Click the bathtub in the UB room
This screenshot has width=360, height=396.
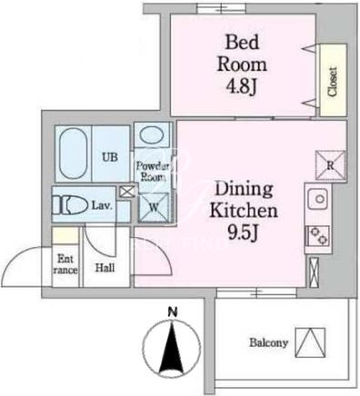(74, 153)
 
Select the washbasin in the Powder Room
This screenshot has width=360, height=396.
(153, 135)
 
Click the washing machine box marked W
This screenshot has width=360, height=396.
(154, 207)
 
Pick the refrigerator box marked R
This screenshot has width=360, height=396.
(330, 165)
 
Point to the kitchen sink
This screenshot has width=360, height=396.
(317, 199)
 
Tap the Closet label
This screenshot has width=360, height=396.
(333, 82)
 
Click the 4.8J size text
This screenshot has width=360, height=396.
(241, 87)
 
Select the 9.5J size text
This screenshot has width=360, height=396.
(244, 233)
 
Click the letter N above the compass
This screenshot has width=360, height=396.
(173, 312)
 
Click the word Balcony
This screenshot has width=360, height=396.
(268, 343)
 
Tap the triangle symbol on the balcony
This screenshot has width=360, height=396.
(310, 342)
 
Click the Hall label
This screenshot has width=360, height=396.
(105, 268)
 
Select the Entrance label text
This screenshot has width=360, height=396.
(65, 264)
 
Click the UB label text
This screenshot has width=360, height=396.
(110, 157)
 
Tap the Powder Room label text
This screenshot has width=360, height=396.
(153, 172)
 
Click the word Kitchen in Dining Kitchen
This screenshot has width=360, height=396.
(244, 211)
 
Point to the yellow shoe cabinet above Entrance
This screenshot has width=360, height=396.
(65, 235)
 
